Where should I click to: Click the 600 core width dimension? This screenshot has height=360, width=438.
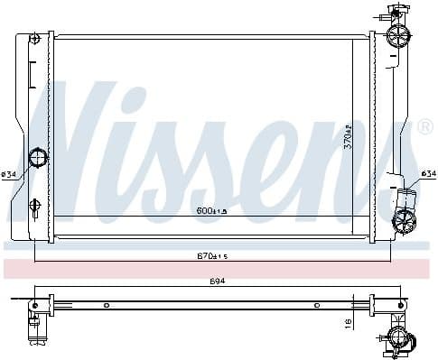(x=212, y=211)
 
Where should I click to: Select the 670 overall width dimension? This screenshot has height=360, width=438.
(x=212, y=255)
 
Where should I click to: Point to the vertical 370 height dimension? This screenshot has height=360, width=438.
(x=348, y=135)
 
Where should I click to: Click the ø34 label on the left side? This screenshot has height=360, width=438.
(x=9, y=173)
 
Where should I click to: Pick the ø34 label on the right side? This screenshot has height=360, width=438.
(x=427, y=173)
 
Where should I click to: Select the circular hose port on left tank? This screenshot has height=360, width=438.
(x=38, y=159)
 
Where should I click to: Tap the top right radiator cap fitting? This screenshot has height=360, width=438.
(x=396, y=34)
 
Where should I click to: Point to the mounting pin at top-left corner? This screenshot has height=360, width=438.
(x=34, y=39)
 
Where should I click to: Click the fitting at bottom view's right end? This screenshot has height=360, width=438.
(x=397, y=338)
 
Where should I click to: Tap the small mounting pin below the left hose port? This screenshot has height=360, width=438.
(x=34, y=203)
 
